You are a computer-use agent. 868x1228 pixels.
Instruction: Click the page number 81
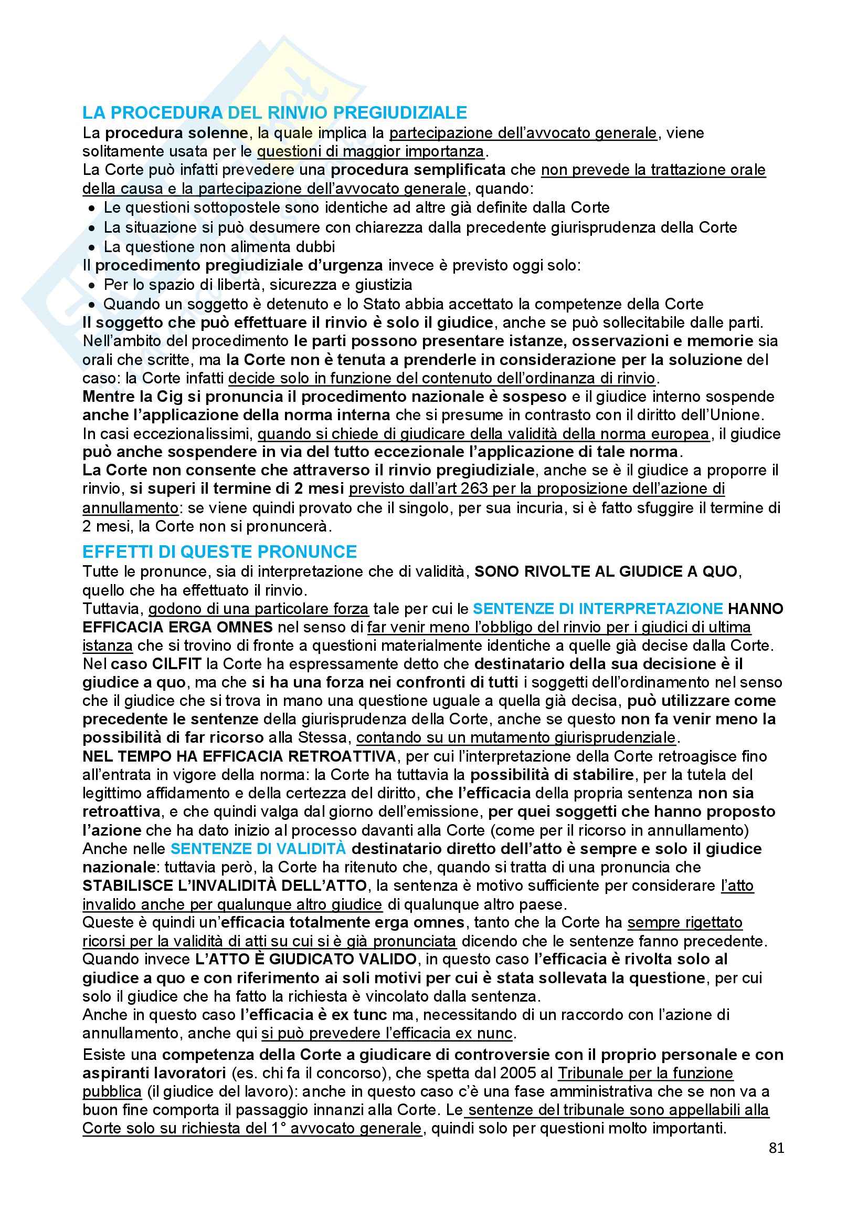776,1148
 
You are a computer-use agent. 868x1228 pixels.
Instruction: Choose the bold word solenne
219,133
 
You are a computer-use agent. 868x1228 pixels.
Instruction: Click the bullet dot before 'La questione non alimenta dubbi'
92,247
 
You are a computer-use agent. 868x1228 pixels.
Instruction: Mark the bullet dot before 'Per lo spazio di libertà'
92,285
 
